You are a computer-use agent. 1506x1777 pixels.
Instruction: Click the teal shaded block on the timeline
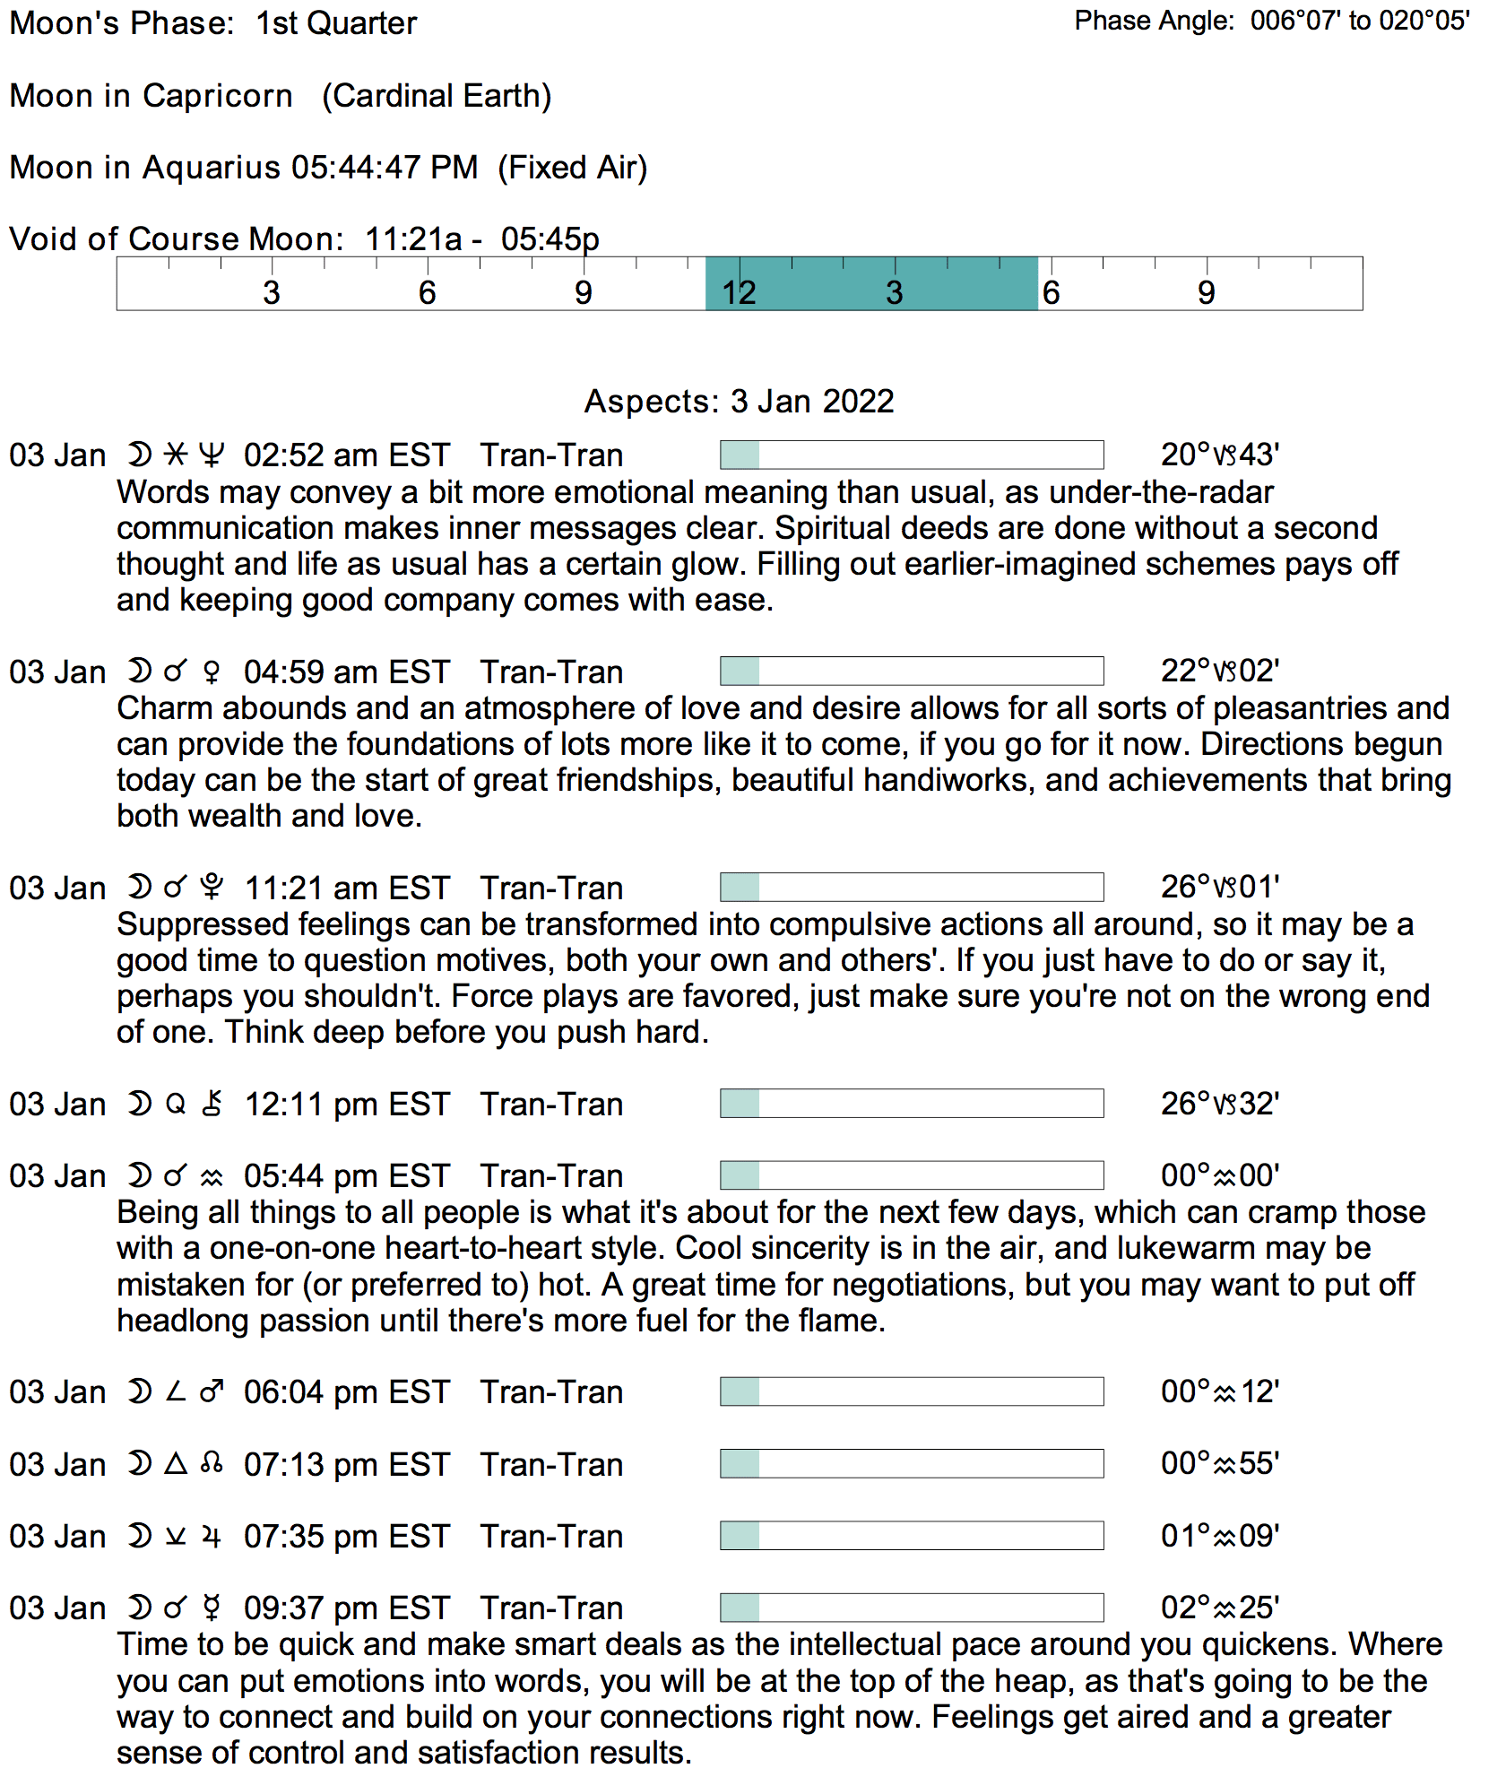871,283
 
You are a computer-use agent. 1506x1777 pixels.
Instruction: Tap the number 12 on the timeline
740,293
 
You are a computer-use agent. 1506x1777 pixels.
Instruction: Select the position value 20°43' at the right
1220,455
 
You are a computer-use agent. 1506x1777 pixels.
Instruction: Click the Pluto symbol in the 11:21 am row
212,888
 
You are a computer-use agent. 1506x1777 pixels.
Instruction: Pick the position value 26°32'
1220,1104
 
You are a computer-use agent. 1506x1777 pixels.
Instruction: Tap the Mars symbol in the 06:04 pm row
212,1392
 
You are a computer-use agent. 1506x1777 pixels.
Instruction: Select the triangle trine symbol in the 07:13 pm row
176,1464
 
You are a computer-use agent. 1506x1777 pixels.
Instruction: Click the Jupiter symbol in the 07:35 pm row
212,1537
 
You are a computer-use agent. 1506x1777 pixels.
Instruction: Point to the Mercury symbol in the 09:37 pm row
212,1608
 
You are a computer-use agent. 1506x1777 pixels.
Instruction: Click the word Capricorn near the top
217,96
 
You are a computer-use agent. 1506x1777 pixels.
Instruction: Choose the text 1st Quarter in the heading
336,23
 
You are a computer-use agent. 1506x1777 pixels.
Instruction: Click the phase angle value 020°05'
1424,21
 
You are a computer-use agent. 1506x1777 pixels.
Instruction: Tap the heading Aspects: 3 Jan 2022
740,402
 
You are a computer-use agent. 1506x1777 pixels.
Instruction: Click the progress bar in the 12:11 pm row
912,1104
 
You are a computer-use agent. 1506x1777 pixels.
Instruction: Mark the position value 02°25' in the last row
1220,1608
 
